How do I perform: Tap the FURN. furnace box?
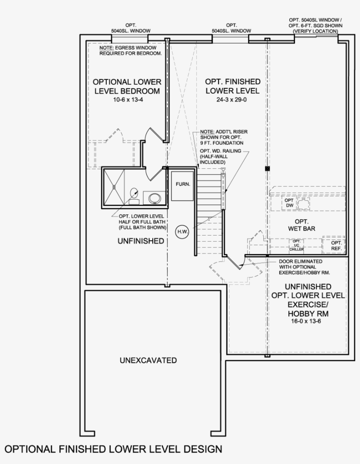coord(183,185)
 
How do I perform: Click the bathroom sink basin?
coord(155,198)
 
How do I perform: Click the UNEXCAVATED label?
coord(148,360)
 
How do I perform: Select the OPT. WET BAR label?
coord(302,225)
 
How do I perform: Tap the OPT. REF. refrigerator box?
coord(336,246)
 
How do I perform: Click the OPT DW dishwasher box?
coord(289,203)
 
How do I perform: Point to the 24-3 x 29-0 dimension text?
coord(232,100)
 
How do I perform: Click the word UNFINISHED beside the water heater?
coord(140,241)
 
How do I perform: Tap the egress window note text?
coord(130,50)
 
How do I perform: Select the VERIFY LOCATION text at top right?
coord(315,31)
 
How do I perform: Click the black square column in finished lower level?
coord(267,169)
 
